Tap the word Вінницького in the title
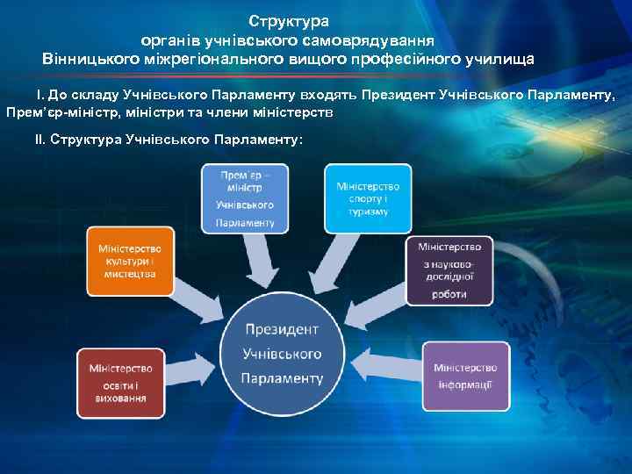[x=85, y=60]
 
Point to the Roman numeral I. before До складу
[x=39, y=94]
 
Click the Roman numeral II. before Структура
[x=40, y=140]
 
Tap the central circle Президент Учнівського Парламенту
[x=283, y=354]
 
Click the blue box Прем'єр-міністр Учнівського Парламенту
[x=245, y=198]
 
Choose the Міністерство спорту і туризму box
[x=368, y=198]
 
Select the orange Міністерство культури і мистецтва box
[x=130, y=262]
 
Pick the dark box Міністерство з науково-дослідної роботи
[x=449, y=270]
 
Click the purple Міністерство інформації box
[x=465, y=376]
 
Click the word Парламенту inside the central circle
[x=283, y=378]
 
